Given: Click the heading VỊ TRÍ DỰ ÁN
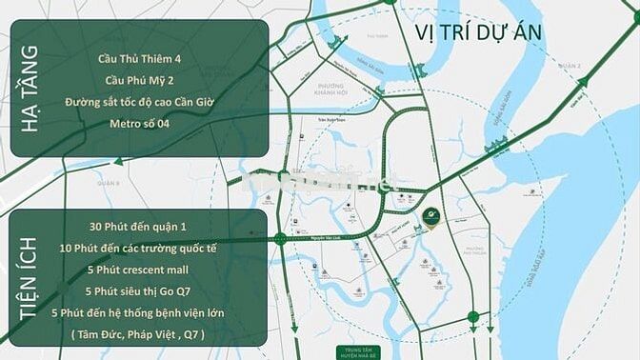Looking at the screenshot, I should (x=478, y=31).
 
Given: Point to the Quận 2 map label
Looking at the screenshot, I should (x=570, y=65).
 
